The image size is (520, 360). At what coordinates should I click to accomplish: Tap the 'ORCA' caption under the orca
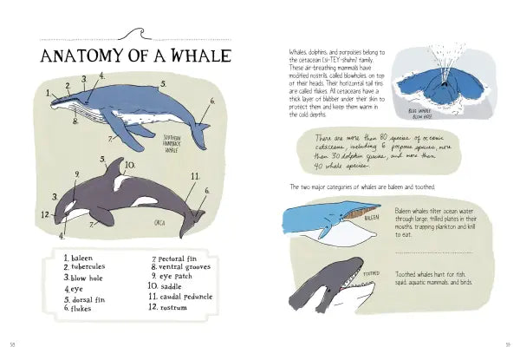[159, 221]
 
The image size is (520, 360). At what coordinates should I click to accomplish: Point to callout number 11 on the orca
[195, 177]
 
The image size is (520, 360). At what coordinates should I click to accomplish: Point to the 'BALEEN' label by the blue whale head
[371, 218]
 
